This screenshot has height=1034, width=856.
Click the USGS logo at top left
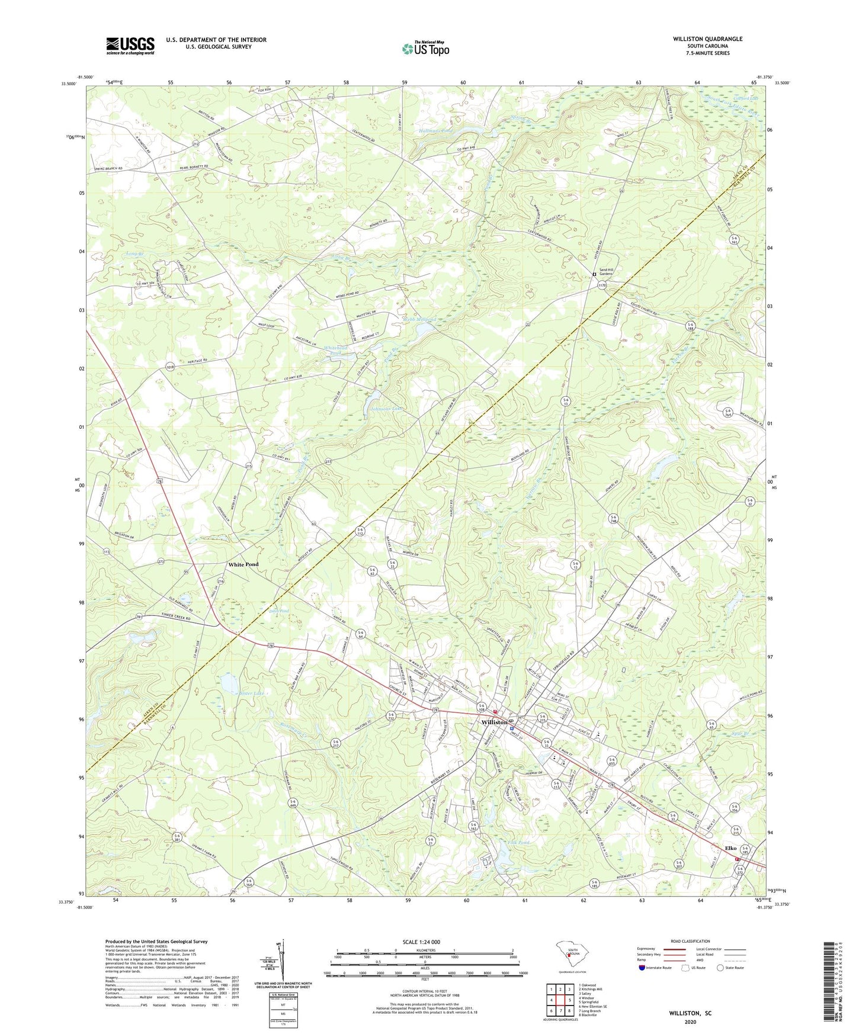coord(130,46)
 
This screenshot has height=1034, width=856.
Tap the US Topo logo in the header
coord(425,49)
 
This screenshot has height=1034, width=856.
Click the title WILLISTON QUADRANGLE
coord(707,39)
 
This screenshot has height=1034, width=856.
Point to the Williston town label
coord(494,722)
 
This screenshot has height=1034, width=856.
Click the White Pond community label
coord(243,564)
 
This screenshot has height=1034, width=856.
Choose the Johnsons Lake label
coord(386,409)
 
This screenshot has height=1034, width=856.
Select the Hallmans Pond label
coord(435,130)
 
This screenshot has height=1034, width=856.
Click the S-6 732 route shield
coord(391,717)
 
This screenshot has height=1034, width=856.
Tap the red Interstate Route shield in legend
coord(642,968)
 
